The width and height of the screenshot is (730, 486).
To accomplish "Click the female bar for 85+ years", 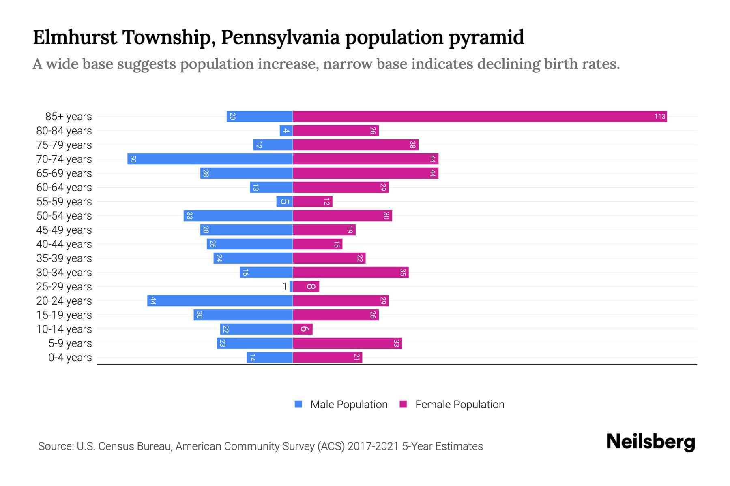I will click(479, 117).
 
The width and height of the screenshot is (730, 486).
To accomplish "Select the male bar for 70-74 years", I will click(210, 159).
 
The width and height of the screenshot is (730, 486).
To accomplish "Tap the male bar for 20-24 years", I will click(220, 301).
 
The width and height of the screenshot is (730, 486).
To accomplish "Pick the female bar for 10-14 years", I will click(303, 329).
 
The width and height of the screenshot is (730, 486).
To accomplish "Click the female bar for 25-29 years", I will click(306, 287).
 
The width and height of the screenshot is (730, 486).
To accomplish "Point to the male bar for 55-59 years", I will click(284, 202).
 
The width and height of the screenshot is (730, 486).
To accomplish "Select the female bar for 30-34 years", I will click(351, 273).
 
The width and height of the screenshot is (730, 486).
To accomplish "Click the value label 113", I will click(659, 117).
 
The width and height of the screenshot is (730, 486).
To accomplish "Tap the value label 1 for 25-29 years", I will click(285, 287).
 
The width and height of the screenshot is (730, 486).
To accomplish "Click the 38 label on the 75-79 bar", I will click(412, 145).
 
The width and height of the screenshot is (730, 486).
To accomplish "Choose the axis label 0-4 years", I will click(70, 358).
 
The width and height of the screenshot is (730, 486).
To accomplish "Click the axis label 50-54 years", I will click(64, 216).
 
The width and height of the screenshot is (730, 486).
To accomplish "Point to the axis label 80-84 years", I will click(64, 131).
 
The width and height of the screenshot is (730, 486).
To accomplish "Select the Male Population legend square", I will click(298, 404).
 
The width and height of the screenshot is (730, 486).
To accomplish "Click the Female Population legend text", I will click(459, 405).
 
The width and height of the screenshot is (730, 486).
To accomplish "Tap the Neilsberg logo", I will click(651, 442).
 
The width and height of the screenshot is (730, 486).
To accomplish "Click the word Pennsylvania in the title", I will click(280, 37).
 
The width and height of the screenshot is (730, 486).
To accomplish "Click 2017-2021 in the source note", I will click(373, 446).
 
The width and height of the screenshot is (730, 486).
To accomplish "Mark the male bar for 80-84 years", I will click(286, 131).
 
